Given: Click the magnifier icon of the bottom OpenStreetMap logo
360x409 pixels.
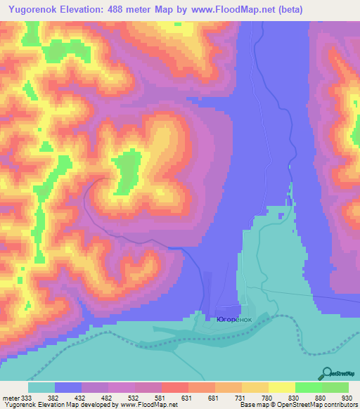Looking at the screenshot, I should tap(328, 372).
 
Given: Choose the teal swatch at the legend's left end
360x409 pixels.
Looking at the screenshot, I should tap(41, 387).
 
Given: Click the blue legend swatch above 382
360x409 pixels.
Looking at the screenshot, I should tap(68, 387).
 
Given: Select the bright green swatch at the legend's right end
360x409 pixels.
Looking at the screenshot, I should tap(335, 387).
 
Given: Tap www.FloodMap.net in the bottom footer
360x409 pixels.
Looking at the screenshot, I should tap(148, 405).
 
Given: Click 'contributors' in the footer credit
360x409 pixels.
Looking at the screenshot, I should tap(338, 405).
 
